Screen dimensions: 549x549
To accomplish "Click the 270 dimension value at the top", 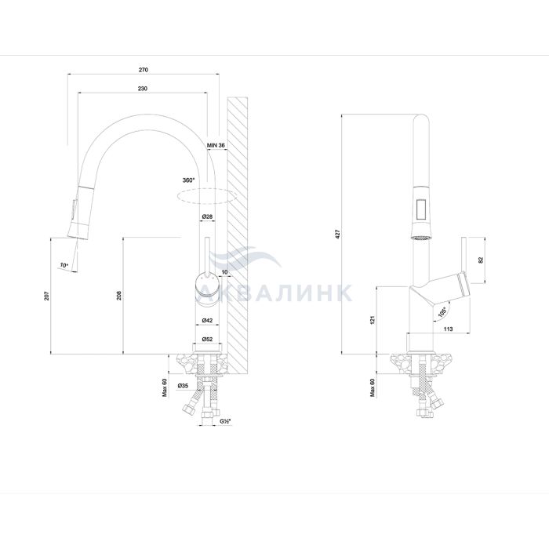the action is pyautogui.click(x=144, y=70).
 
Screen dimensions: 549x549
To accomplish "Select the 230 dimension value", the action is pyautogui.click(x=143, y=89).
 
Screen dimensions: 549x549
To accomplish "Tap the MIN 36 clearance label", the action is pyautogui.click(x=216, y=145).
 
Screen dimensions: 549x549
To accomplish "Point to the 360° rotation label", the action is pyautogui.click(x=188, y=180).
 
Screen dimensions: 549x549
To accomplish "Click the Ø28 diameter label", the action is pyautogui.click(x=207, y=216).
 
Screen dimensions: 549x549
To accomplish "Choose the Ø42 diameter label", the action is pyautogui.click(x=207, y=320).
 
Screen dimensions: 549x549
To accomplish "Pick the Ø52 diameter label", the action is pyautogui.click(x=207, y=339).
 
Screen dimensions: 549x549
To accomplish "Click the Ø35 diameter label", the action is pyautogui.click(x=183, y=386).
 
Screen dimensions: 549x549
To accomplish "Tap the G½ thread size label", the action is pyautogui.click(x=225, y=421).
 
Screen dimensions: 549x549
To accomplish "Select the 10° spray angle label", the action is pyautogui.click(x=64, y=265).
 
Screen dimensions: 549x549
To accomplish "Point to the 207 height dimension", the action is pyautogui.click(x=47, y=296).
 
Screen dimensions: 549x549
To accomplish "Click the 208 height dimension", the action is pyautogui.click(x=119, y=296).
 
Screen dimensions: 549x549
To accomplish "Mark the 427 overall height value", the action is pyautogui.click(x=337, y=234).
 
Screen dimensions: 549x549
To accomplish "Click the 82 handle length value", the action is pyautogui.click(x=480, y=260).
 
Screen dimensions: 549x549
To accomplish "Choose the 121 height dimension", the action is pyautogui.click(x=373, y=320).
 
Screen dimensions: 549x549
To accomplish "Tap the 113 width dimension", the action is pyautogui.click(x=448, y=329).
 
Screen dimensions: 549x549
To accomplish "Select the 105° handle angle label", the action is pyautogui.click(x=442, y=311).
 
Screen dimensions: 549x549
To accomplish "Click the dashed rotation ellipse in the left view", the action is pyautogui.click(x=208, y=196).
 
